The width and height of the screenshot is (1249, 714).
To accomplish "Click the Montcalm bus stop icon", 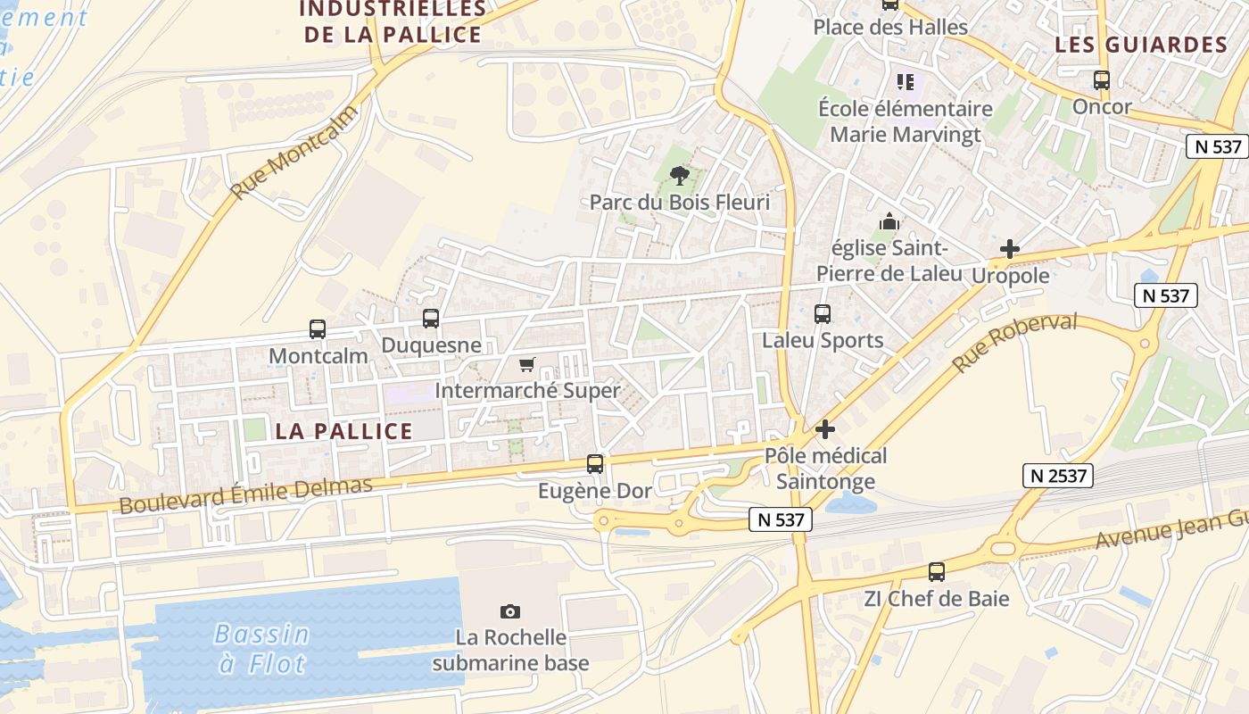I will (318, 329).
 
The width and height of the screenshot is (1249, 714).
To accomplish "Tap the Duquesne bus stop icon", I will (431, 319).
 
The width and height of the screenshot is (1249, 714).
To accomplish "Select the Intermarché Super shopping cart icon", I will (526, 364).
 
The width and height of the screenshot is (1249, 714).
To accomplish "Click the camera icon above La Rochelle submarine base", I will (510, 611).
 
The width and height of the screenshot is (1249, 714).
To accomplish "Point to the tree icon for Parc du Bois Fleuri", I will (680, 175).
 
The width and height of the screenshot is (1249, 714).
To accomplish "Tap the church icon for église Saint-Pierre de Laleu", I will (889, 221).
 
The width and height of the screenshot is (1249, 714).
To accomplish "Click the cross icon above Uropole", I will (1010, 249).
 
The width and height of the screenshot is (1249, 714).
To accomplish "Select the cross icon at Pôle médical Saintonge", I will (825, 429).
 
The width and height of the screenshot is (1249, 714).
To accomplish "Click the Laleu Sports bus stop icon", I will (823, 314).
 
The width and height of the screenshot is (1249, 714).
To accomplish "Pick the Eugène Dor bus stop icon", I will (595, 464).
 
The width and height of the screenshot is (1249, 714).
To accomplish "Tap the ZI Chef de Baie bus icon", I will (937, 572).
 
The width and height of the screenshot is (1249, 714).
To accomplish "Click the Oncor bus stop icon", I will (1102, 80).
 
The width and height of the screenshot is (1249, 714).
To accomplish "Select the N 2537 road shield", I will (1058, 476).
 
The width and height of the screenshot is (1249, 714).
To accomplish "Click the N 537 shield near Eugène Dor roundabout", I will (781, 519).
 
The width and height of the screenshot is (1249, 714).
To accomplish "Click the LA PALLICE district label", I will (343, 431).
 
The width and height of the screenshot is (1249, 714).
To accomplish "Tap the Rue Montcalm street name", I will (294, 153).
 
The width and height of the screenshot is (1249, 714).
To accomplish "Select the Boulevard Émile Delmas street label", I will (245, 495).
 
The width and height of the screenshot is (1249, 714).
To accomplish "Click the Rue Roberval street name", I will (1014, 344).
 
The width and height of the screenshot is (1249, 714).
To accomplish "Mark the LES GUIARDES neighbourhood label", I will (1141, 45).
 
